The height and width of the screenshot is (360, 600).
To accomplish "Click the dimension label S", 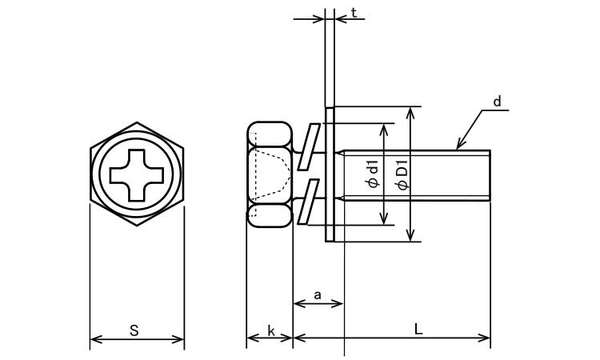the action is click(x=134, y=330).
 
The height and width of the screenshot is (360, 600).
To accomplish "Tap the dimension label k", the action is click(x=271, y=331).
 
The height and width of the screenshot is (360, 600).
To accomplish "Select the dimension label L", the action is click(x=418, y=330).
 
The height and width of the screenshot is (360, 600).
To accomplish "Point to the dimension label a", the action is click(x=318, y=295).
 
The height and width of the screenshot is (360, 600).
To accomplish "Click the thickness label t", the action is click(x=354, y=14).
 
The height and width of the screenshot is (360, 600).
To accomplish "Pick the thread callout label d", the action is click(x=497, y=102).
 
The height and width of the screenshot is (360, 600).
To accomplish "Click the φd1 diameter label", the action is click(x=373, y=174).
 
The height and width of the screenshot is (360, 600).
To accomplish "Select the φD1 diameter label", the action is click(x=403, y=174).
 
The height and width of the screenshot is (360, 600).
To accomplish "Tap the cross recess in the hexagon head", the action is click(x=137, y=175).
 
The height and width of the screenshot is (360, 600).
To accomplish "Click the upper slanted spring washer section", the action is click(x=309, y=146).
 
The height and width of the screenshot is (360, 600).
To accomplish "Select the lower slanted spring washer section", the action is click(x=308, y=202).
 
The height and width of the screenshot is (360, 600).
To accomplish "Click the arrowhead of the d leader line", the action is click(x=460, y=144).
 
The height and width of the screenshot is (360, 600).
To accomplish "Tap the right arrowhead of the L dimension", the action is click(x=485, y=338).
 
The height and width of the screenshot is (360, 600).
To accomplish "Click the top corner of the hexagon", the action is click(x=137, y=122).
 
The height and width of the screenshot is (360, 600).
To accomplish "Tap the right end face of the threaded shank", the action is click(x=490, y=175).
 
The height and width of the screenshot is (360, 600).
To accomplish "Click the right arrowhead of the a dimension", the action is click(x=337, y=304).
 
